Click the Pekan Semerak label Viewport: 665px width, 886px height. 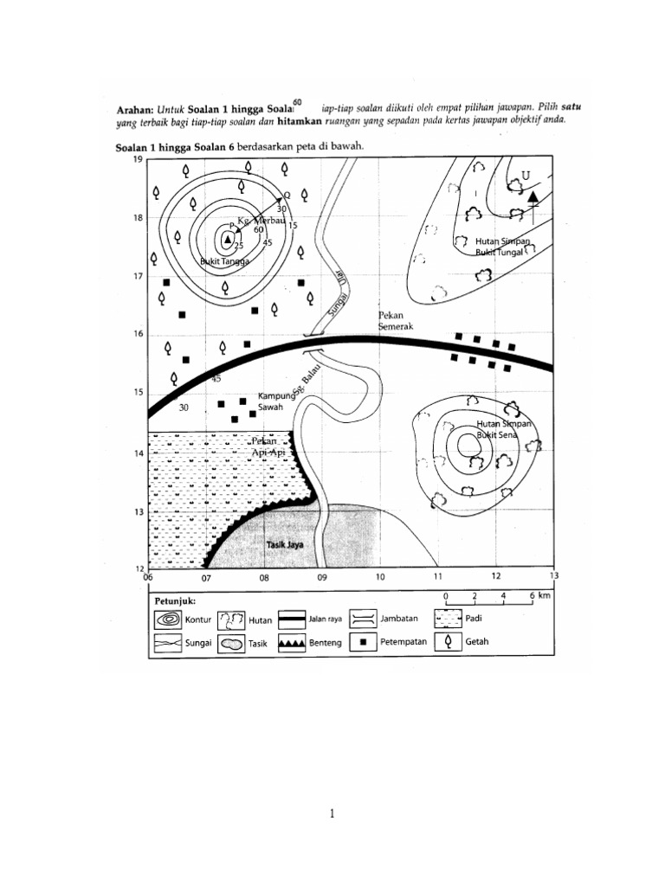pyautogui.click(x=397, y=321)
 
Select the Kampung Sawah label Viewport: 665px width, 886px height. pyautogui.click(x=277, y=401)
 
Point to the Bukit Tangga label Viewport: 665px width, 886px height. pyautogui.click(x=224, y=260)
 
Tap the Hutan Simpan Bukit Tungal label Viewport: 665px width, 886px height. pyautogui.click(x=502, y=247)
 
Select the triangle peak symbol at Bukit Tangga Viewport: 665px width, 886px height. pyautogui.click(x=227, y=239)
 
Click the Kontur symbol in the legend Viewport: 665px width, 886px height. pyautogui.click(x=168, y=620)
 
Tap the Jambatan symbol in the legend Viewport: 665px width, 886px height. pyautogui.click(x=363, y=620)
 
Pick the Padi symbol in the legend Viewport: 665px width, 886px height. pyautogui.click(x=448, y=620)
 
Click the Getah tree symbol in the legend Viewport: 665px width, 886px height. pyautogui.click(x=448, y=644)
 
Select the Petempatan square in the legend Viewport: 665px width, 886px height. pyautogui.click(x=363, y=644)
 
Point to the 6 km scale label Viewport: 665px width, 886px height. pyautogui.click(x=535, y=596)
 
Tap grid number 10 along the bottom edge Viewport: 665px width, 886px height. pyautogui.click(x=379, y=575)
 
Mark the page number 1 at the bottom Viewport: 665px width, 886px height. pyautogui.click(x=332, y=812)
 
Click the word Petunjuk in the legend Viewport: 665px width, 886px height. pyautogui.click(x=175, y=599)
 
